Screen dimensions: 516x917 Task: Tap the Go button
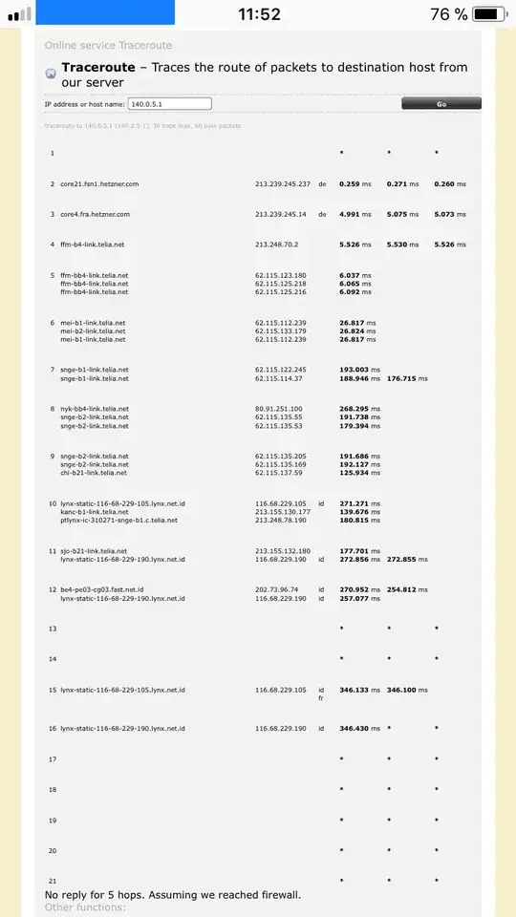(x=441, y=103)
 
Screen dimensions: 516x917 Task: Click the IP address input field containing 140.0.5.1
(x=169, y=103)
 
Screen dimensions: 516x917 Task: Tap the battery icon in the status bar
(x=489, y=13)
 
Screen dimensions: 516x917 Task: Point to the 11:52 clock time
(x=259, y=13)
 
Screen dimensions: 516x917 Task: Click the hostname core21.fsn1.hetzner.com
(x=99, y=183)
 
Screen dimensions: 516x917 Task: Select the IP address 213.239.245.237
(x=283, y=183)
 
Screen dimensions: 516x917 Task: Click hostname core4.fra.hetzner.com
(x=95, y=214)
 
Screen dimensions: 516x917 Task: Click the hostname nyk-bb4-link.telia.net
(x=94, y=409)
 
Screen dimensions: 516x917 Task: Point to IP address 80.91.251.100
(x=278, y=409)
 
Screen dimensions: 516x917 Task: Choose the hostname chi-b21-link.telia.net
(x=93, y=473)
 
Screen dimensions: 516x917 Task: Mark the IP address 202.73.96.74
(x=276, y=589)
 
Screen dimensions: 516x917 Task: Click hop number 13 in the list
(x=53, y=629)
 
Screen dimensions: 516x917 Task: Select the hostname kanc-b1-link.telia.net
(x=95, y=512)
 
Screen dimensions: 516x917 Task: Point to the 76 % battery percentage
(x=448, y=13)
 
